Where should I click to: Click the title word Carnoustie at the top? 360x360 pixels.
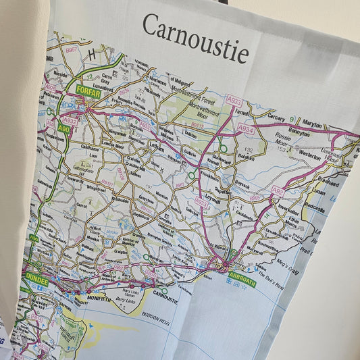click(195, 35)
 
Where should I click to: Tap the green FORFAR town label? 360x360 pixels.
click(88, 91)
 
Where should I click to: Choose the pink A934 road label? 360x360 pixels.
click(246, 129)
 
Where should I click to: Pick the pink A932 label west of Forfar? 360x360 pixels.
click(71, 121)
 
